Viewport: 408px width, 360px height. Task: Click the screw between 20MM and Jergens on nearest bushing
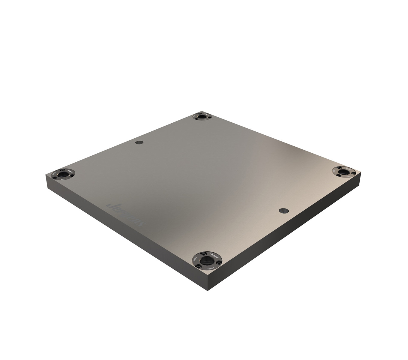[x=203, y=254]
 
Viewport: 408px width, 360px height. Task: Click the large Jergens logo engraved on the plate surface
[x=126, y=214]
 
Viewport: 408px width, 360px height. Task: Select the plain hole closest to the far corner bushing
[x=139, y=142]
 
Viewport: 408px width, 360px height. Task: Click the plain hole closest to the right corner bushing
[x=283, y=211]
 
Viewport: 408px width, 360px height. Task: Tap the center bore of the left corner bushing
[x=63, y=174]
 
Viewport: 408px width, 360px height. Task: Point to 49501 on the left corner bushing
[x=63, y=179]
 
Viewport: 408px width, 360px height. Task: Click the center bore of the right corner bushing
[x=343, y=172]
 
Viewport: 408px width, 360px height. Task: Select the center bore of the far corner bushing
[x=202, y=116]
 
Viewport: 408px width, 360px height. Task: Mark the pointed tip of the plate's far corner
[x=202, y=111]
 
